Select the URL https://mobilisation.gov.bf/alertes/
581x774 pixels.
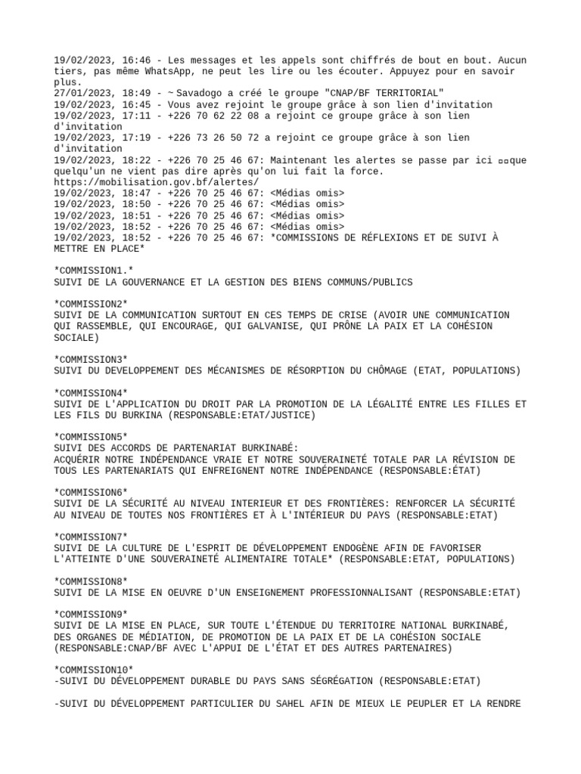point(156,182)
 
